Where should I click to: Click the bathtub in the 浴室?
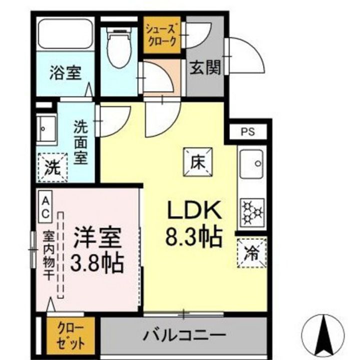coord(65,33)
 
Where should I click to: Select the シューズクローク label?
coord(162,35)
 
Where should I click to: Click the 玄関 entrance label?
coord(205,67)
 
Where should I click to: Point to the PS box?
coord(248,131)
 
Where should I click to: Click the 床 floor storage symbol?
coord(197,162)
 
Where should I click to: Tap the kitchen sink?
coord(251,163)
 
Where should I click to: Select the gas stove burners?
coord(252,212)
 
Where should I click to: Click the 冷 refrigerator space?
coord(251,253)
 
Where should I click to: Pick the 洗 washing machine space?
coord(53,167)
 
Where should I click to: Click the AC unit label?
coord(45,207)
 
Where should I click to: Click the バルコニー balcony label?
coord(184,335)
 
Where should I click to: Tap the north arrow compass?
coord(323,332)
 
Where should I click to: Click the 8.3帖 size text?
coord(194,237)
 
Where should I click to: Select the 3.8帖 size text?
coord(97,262)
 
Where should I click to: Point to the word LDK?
coord(194,209)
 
